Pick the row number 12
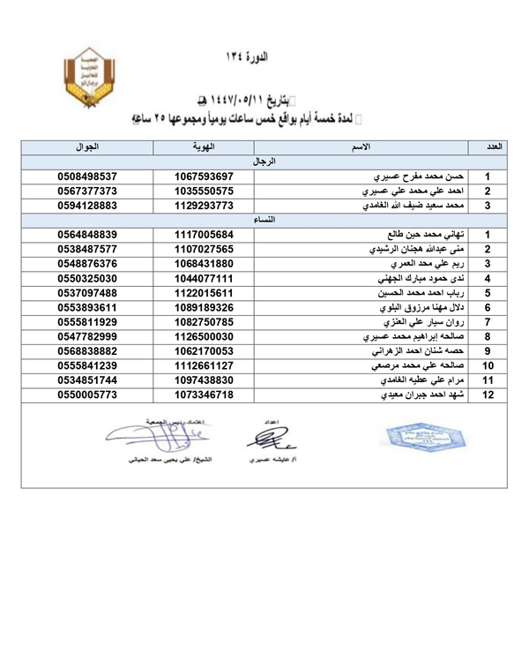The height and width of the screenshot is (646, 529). [x=488, y=394]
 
